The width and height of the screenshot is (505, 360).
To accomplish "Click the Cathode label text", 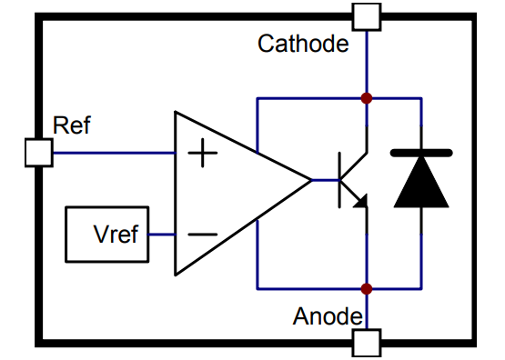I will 303,44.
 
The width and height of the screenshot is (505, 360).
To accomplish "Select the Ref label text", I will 72,125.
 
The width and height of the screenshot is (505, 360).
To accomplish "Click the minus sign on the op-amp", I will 202,234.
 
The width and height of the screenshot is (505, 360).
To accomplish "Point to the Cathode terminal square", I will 367,16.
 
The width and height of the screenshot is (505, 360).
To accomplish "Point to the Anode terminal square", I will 367,343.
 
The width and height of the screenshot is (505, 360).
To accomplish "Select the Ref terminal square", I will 38,152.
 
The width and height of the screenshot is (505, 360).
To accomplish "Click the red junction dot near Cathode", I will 367,97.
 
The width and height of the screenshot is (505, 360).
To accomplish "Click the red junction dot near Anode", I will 367,289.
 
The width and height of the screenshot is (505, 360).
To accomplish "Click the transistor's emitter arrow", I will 360,202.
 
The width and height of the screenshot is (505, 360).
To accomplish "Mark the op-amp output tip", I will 309,179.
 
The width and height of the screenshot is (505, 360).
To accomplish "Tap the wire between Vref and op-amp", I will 162,234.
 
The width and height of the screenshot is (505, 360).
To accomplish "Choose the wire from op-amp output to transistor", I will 326,179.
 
